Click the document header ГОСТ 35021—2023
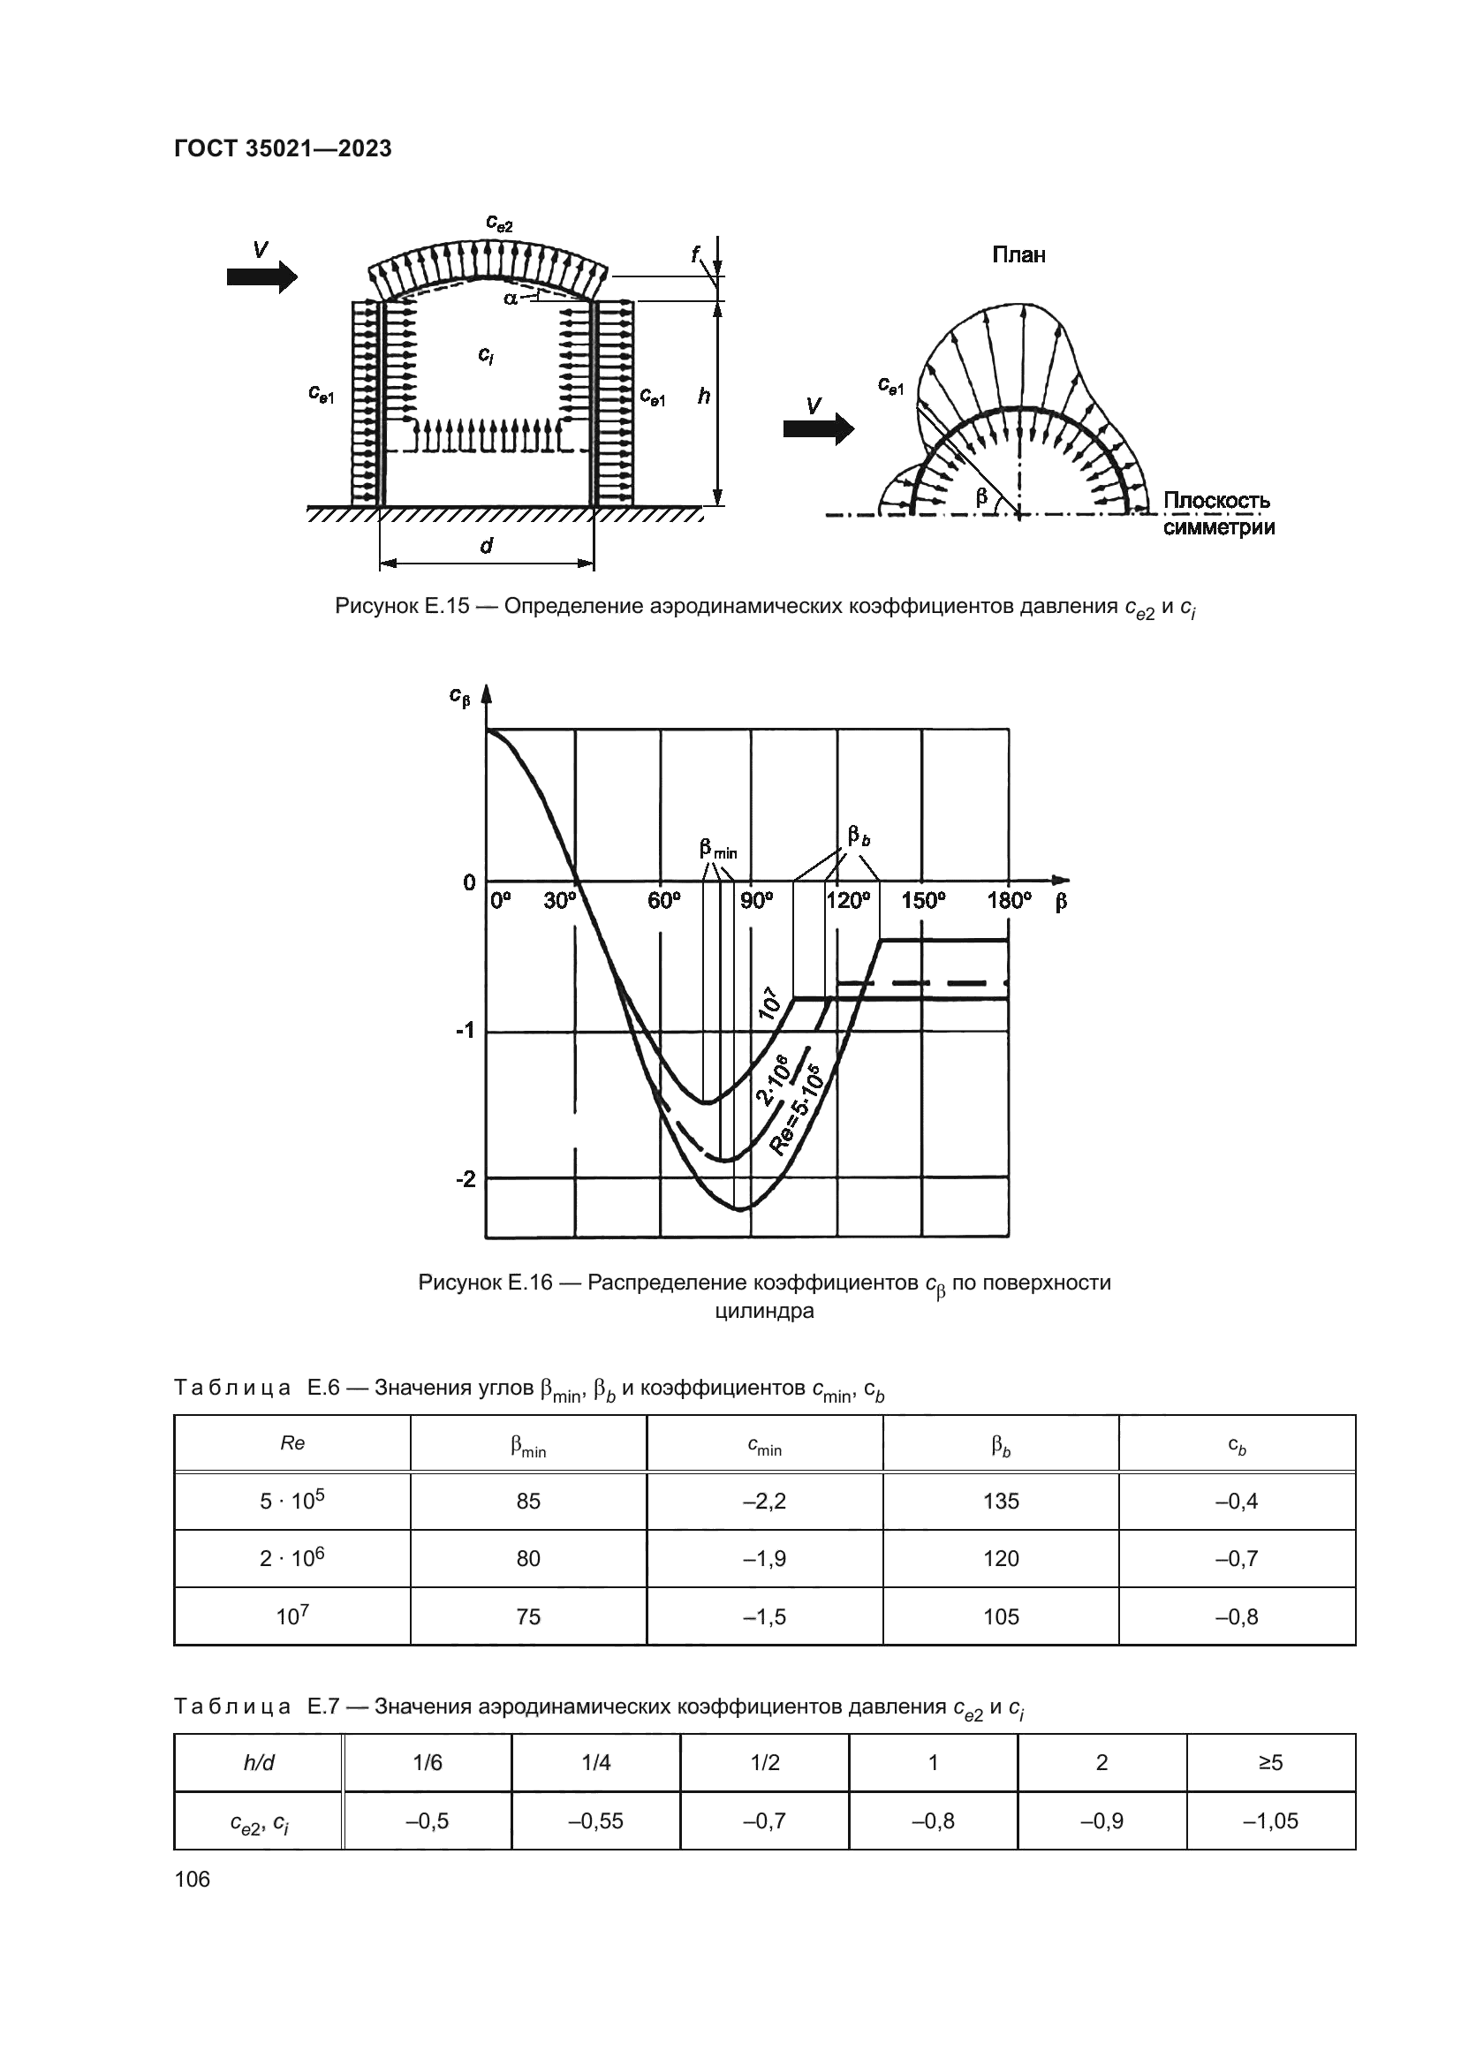[283, 149]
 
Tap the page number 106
[192, 1879]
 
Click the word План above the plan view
[1018, 255]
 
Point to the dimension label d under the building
[487, 545]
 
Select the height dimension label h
[703, 395]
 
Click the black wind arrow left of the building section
[261, 276]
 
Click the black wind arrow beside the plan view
[818, 428]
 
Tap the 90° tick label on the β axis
[757, 901]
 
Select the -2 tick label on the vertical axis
[466, 1178]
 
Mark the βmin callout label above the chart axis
[717, 849]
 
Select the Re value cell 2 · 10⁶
[291, 1557]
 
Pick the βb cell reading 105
[1001, 1617]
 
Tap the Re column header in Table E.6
[292, 1443]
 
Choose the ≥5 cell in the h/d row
[1270, 1763]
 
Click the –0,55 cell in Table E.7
[595, 1821]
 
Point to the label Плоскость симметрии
[1218, 514]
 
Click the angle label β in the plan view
[981, 496]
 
